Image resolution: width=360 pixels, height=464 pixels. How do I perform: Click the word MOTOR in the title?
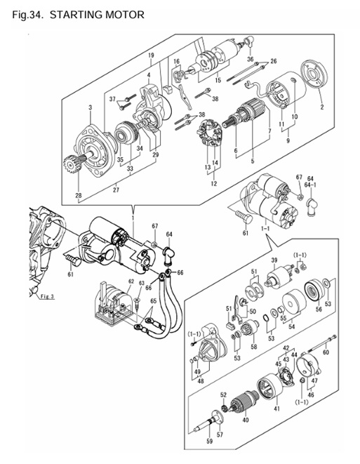(x=122, y=14)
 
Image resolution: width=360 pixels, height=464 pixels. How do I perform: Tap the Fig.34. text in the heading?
(x=29, y=14)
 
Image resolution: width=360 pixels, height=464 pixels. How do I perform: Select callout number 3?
(x=91, y=107)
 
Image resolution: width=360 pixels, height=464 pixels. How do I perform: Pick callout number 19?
(x=149, y=55)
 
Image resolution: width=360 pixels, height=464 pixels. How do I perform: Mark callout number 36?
(x=250, y=60)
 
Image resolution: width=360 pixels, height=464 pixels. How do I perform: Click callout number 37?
(x=112, y=100)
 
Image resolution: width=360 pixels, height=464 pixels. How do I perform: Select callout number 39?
(x=275, y=260)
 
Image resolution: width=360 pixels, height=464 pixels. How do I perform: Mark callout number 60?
(x=326, y=352)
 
